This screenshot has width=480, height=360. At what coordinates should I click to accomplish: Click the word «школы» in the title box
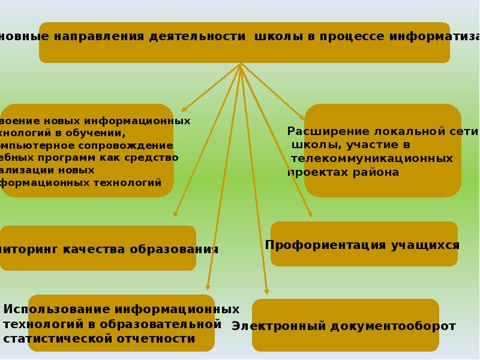pyautogui.click(x=279, y=36)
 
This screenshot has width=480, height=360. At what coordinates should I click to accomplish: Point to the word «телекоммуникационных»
pyautogui.click(x=371, y=159)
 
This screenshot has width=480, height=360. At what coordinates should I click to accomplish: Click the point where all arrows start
pyautogui.click(x=241, y=64)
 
